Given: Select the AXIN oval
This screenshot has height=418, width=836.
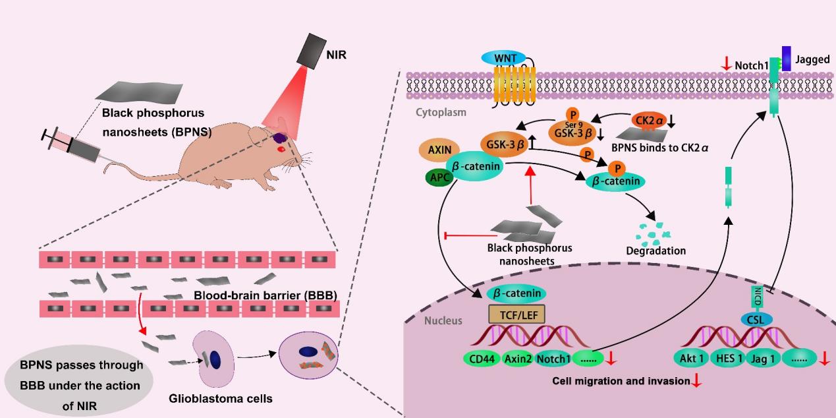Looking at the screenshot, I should pos(439,150).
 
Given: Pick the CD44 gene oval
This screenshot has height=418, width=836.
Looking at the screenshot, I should pos(483,360).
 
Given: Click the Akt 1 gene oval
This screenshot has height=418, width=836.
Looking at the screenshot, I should pos(692,360).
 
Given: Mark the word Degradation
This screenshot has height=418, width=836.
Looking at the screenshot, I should pos(656,251).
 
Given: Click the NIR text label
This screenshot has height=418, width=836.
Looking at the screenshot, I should pos(336,55).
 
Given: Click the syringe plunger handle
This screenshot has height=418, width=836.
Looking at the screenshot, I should pos(47,137).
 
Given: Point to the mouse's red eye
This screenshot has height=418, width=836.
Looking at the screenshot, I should pos(281,149).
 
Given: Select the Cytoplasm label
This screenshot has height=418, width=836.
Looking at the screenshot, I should pos(441,112).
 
